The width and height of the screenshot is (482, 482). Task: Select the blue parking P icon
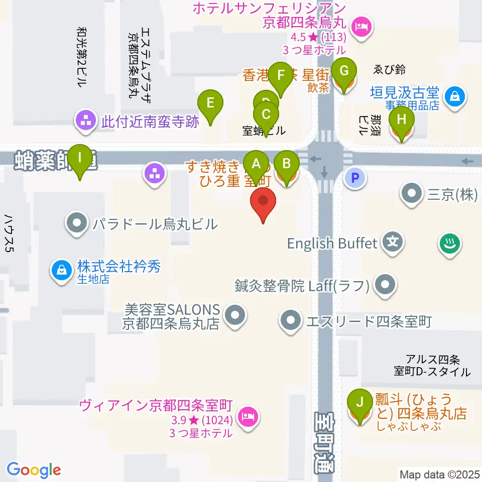[355, 178]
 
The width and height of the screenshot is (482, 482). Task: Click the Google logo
[34, 470]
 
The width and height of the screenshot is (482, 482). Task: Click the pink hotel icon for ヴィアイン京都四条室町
[248, 416]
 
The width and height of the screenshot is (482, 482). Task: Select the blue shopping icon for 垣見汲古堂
[455, 95]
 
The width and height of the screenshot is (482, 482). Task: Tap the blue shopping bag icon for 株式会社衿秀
[62, 270]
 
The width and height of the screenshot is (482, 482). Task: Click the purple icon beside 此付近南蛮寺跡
[84, 120]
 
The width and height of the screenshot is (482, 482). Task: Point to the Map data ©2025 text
[439, 474]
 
